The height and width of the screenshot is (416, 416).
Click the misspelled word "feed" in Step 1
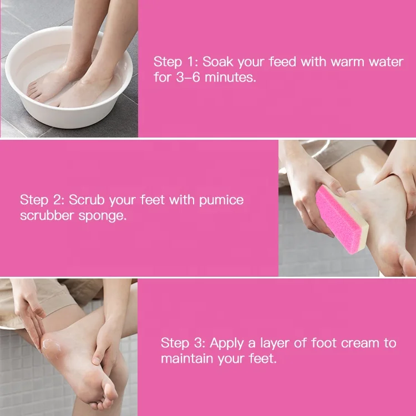pos(282,62)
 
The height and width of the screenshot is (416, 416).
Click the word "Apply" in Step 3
pos(227,343)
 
